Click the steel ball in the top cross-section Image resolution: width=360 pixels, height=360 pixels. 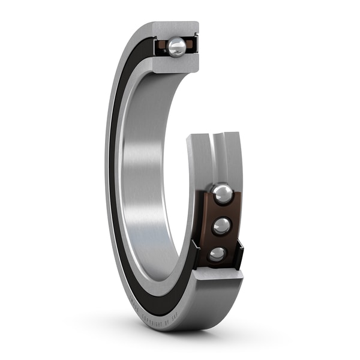[x=177, y=47]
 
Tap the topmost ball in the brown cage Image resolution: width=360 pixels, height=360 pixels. [x=223, y=193]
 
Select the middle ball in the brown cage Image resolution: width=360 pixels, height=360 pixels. [x=221, y=226]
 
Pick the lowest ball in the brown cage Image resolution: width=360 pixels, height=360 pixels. [x=217, y=254]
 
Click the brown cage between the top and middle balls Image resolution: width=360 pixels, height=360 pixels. [x=223, y=210]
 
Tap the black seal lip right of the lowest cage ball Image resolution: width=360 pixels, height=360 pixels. [x=239, y=254]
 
